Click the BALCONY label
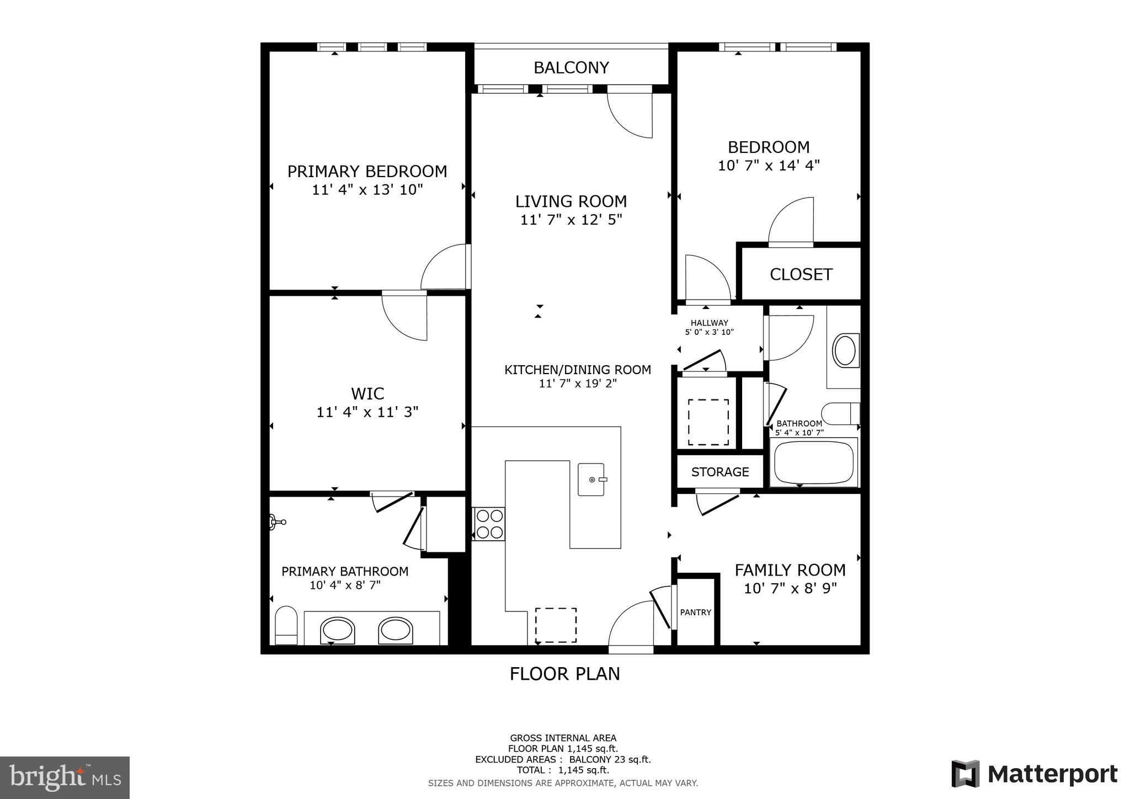[571, 68]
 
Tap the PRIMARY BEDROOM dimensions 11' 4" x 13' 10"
[367, 190]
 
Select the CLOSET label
[801, 274]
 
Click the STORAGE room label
[720, 472]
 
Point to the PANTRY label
[695, 612]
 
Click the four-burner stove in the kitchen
[489, 524]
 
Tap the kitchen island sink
[592, 480]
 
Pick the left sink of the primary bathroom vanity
[337, 630]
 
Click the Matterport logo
[1035, 775]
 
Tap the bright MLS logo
[65, 777]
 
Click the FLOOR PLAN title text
[564, 674]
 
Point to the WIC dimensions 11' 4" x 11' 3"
[367, 412]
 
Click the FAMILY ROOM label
[790, 569]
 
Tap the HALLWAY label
[709, 323]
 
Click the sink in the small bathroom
[845, 350]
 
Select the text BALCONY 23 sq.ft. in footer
[610, 759]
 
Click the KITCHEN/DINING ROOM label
[577, 370]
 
